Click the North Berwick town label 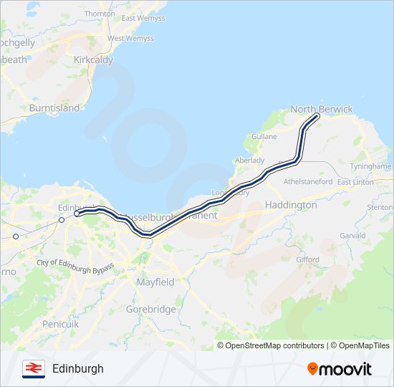point(322,109)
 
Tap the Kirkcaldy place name point(93,60)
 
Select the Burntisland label point(54,108)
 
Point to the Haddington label point(291,204)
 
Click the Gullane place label point(264,135)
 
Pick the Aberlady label point(249,160)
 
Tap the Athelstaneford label point(309,182)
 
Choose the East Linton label point(355,182)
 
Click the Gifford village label point(307,259)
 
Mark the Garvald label point(352,235)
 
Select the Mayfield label point(155,282)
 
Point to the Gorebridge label point(150,309)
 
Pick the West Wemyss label point(130,38)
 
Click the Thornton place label point(100,14)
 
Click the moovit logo point(340,368)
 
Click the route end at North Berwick point(316,115)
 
